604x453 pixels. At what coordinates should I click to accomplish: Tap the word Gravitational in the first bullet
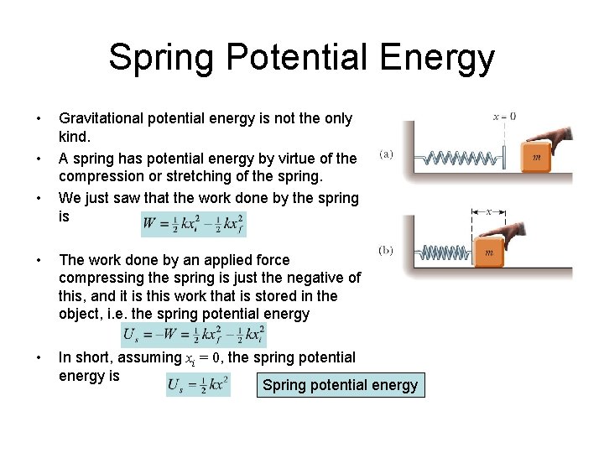[100, 119]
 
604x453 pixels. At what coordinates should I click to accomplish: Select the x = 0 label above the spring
[505, 117]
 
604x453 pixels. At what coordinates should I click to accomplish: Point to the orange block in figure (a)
[537, 157]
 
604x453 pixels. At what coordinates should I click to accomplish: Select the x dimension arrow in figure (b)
[488, 211]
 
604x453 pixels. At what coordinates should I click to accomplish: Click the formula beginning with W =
[195, 224]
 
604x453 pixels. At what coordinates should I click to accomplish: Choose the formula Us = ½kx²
[198, 385]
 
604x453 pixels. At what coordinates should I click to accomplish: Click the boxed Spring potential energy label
[340, 385]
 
